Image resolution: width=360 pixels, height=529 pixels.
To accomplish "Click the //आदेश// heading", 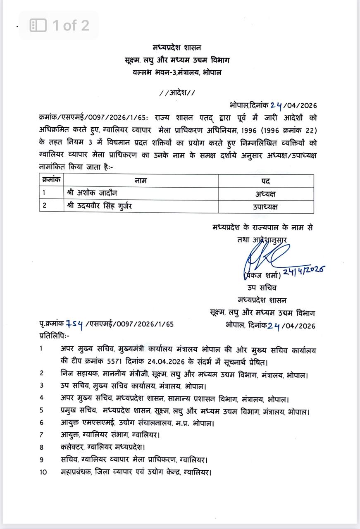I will [177, 93].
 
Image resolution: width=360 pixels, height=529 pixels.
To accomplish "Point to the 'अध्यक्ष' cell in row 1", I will [265, 193].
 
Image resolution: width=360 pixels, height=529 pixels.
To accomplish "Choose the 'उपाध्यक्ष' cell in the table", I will [265, 206].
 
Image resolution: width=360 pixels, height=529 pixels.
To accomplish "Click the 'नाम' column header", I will [141, 181].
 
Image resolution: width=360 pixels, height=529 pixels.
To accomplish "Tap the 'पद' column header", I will [265, 181].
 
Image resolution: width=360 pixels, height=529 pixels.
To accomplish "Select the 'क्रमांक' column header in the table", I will [52, 180].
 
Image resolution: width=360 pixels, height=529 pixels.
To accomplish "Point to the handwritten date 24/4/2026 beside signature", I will [303, 271].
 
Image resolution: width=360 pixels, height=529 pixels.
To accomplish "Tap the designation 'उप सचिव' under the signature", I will [262, 288].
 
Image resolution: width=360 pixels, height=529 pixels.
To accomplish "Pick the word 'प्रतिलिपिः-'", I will [55, 335].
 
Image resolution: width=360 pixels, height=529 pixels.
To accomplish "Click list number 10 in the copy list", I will [43, 472].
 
